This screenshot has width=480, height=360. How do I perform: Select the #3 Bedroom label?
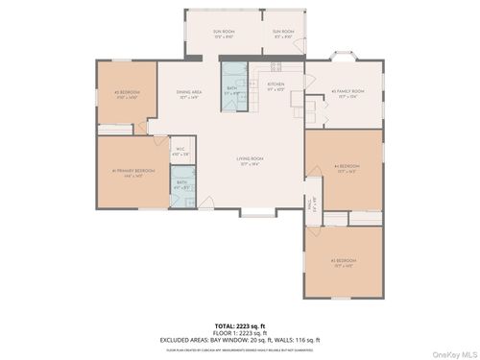click(345, 261)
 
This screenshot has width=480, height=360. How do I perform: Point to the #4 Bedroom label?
click(346, 170)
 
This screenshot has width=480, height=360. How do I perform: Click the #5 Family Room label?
click(345, 94)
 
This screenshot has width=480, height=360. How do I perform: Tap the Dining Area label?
click(189, 94)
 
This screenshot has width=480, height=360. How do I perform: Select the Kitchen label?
click(276, 85)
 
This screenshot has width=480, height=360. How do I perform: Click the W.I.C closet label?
click(180, 150)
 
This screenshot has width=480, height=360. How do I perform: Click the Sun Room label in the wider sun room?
click(223, 34)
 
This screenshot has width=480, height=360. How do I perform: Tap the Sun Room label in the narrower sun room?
click(283, 34)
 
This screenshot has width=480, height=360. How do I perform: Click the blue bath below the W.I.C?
click(182, 184)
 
